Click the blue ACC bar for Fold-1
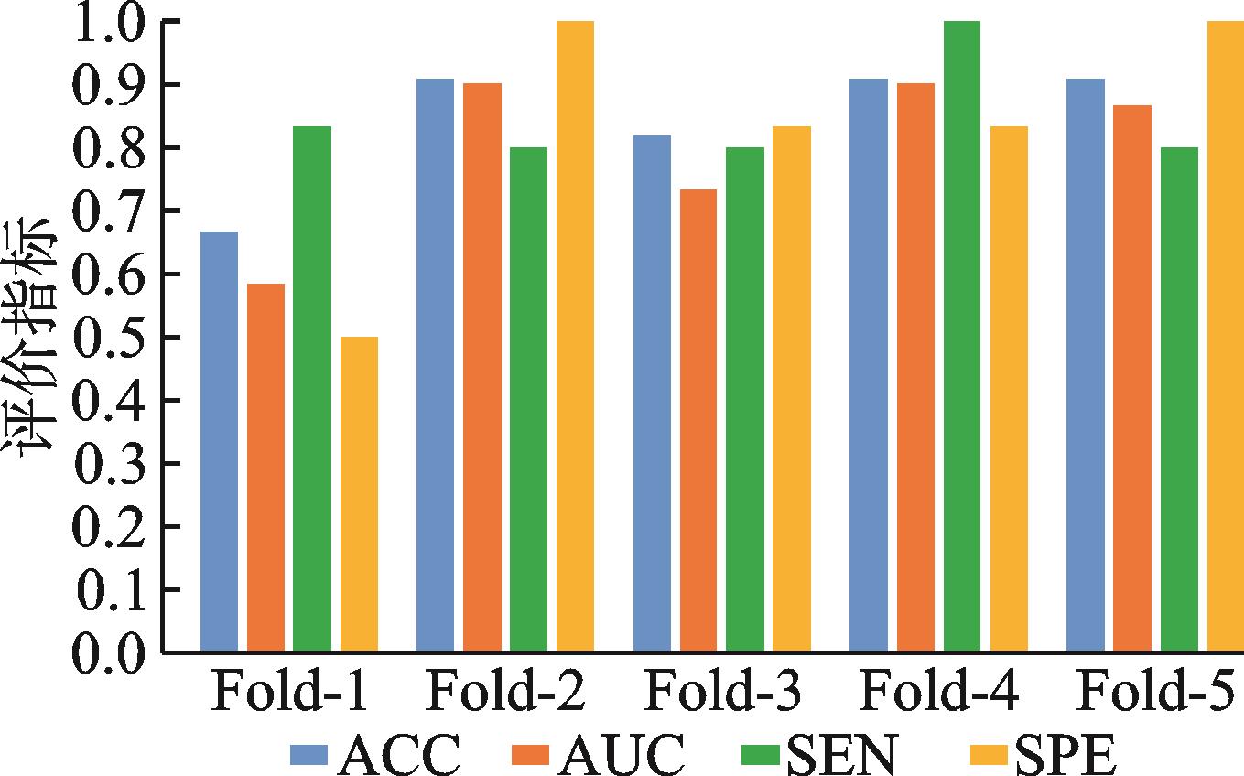click(x=220, y=441)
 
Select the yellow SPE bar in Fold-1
click(x=360, y=494)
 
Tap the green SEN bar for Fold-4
click(x=962, y=337)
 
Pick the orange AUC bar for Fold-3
click(x=698, y=420)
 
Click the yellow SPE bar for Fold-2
click(x=576, y=337)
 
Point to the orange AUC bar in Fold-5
click(x=1132, y=378)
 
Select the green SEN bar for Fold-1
click(x=312, y=389)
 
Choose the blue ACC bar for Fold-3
click(x=652, y=393)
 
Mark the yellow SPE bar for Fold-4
click(x=1009, y=389)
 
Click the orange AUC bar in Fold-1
click(x=266, y=468)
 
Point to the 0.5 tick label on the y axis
click(x=109, y=337)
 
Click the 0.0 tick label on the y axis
click(x=109, y=652)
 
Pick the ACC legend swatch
click(x=309, y=755)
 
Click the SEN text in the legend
click(x=841, y=754)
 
